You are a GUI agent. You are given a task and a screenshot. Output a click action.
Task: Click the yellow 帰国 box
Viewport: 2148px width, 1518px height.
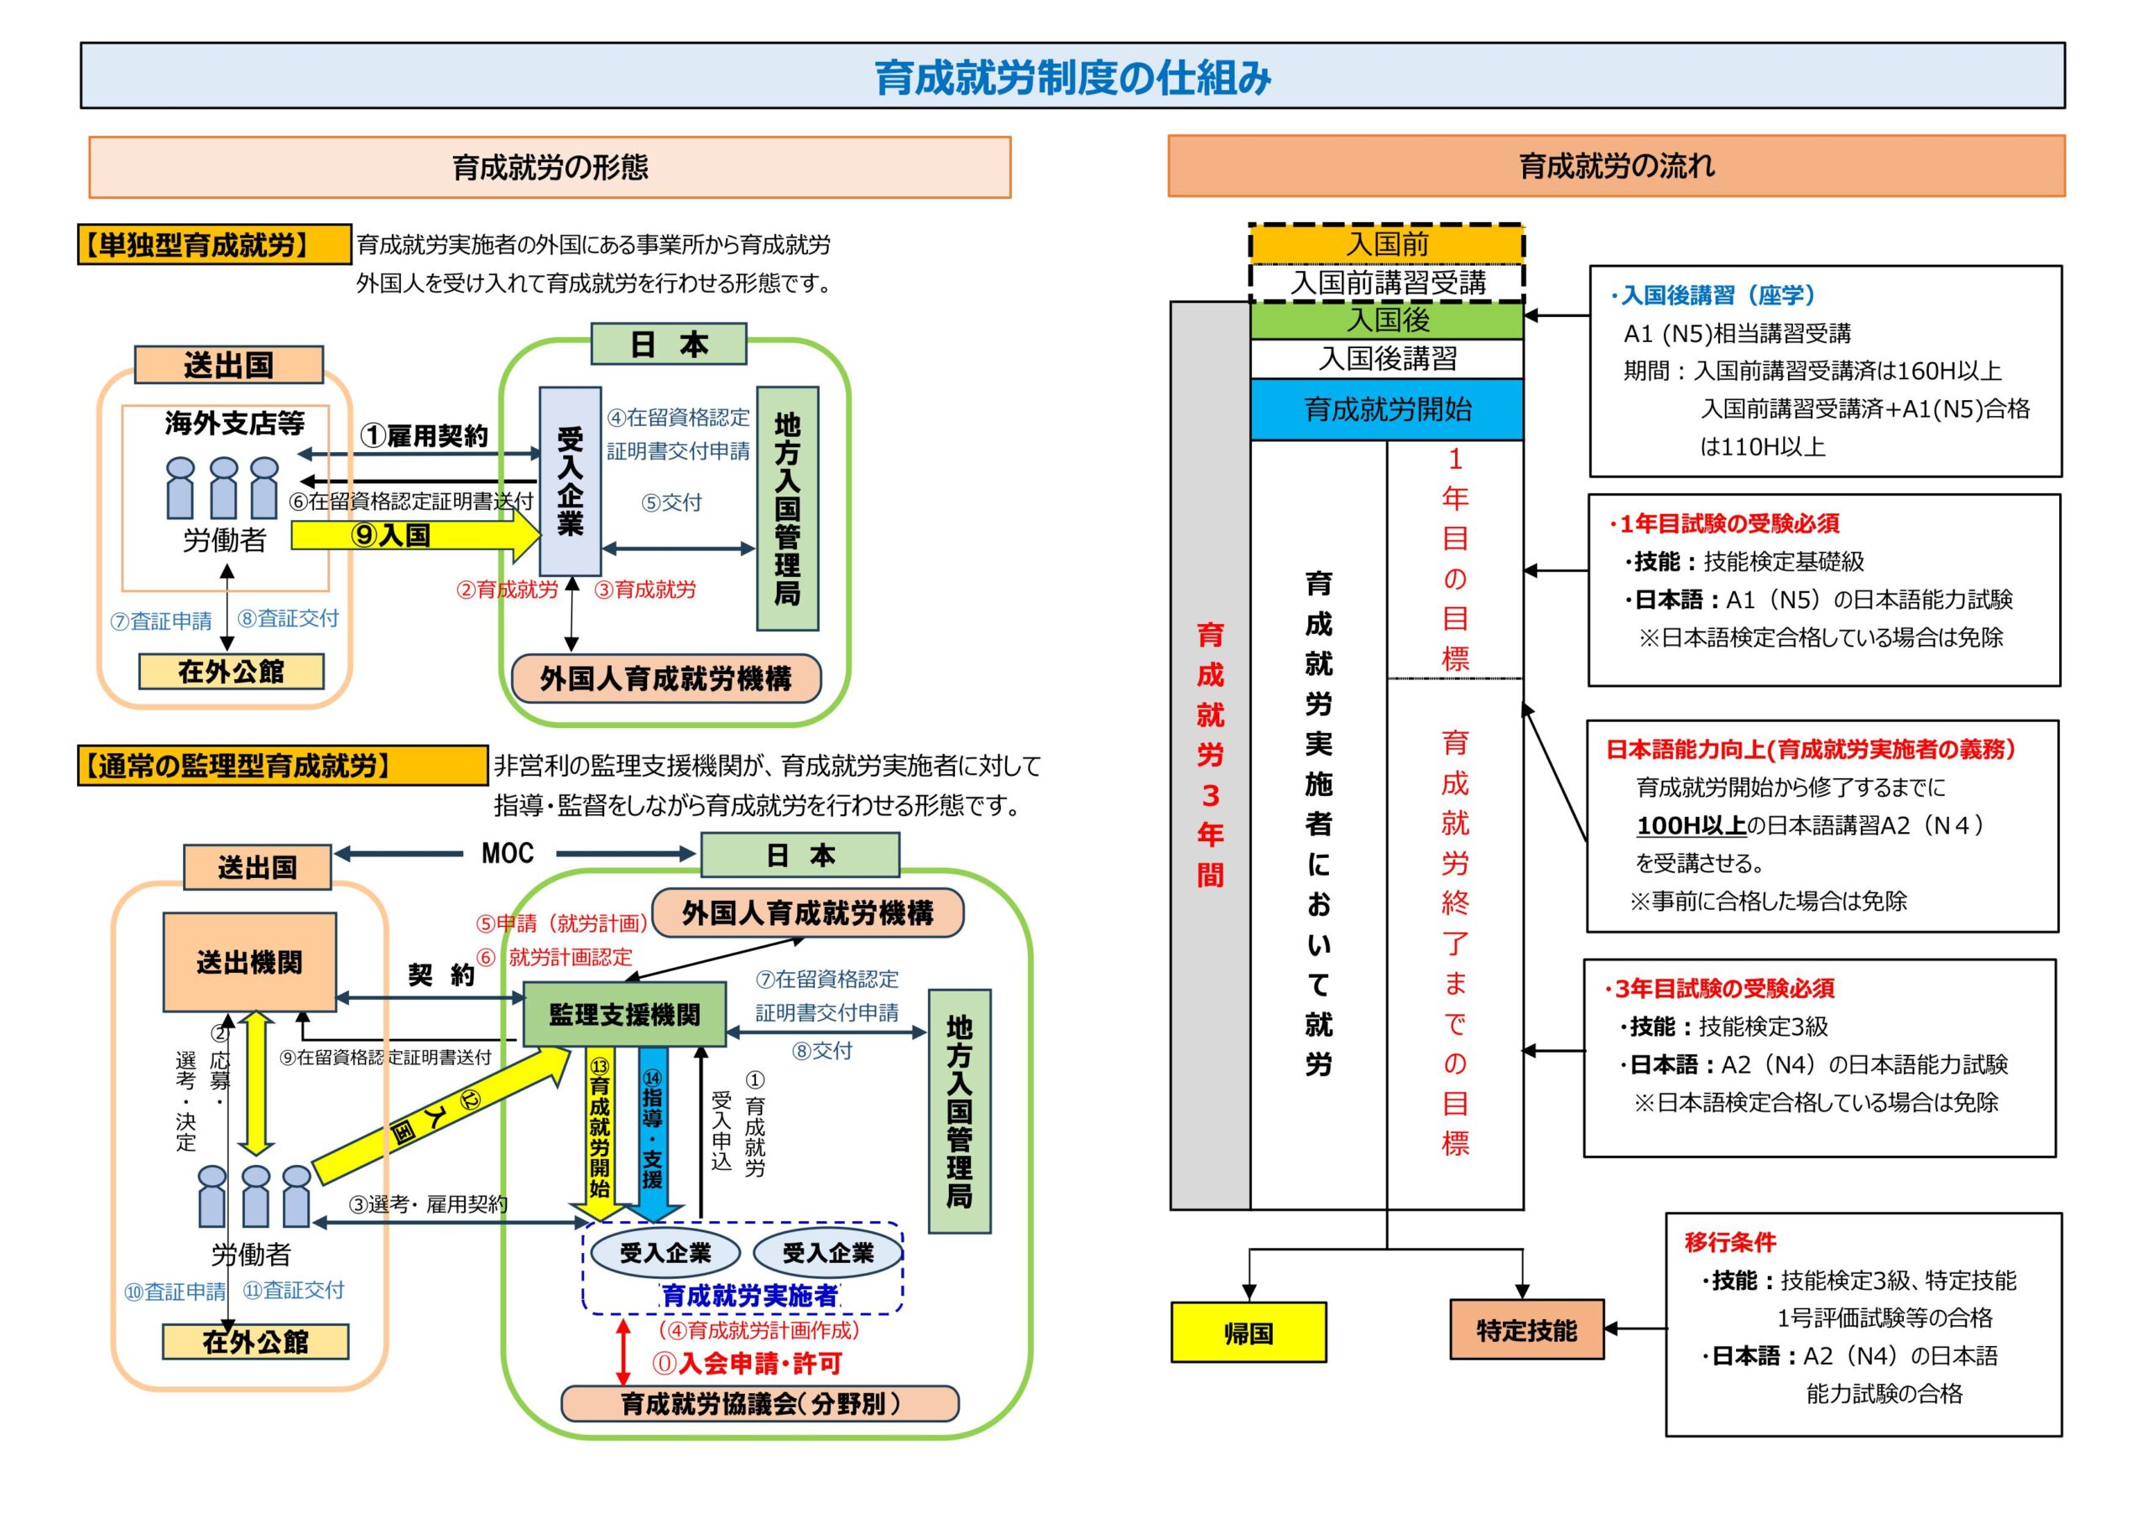click(x=1248, y=1331)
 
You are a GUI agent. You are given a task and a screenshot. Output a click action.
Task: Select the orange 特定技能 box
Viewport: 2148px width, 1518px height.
click(x=1526, y=1329)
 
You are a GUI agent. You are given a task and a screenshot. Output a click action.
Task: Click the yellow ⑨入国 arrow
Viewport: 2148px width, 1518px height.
click(x=415, y=535)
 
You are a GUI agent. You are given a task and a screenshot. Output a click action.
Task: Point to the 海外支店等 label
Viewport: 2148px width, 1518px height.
click(x=235, y=424)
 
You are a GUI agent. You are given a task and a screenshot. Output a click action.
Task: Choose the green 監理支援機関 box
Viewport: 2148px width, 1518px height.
click(x=624, y=1014)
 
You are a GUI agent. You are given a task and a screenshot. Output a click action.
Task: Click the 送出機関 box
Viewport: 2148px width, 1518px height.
click(x=250, y=961)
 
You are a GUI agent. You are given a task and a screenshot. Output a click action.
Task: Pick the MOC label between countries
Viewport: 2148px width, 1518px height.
click(x=508, y=853)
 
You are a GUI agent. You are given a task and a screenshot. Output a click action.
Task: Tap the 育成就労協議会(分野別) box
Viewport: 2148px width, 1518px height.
click(x=759, y=1404)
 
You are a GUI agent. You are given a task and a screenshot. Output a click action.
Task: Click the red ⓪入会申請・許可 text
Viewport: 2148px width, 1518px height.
click(x=747, y=1364)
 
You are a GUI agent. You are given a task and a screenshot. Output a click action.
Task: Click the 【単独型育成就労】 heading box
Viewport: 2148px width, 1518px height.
click(x=214, y=245)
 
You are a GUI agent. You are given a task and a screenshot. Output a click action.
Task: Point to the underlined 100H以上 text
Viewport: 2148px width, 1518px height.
click(x=1691, y=825)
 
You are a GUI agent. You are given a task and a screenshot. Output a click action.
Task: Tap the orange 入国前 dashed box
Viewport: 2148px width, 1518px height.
click(x=1388, y=243)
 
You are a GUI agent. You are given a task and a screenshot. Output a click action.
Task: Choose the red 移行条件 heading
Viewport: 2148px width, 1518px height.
click(x=1730, y=1242)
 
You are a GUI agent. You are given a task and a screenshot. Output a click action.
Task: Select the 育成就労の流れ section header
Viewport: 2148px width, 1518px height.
click(x=1617, y=165)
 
